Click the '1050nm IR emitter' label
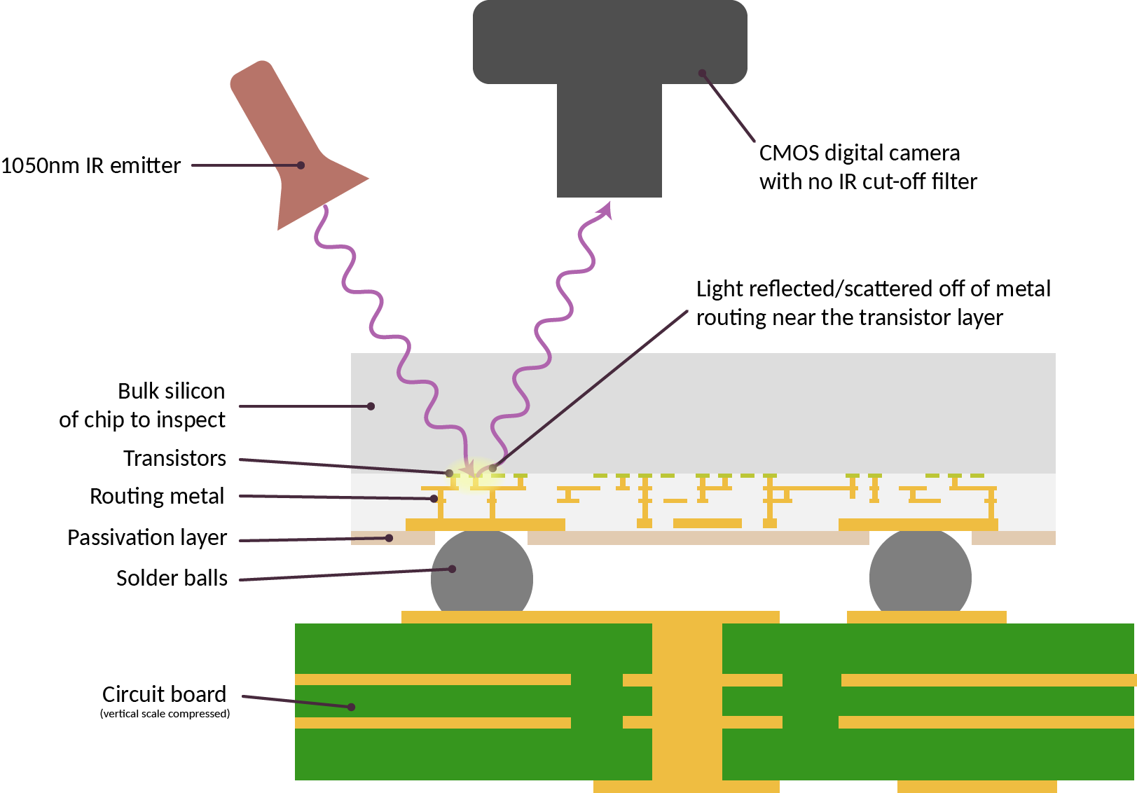point(90,166)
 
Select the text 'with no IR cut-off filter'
point(867,182)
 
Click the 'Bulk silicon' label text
point(171,391)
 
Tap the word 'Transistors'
point(174,458)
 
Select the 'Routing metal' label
point(157,496)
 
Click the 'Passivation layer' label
point(147,537)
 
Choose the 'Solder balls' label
point(172,578)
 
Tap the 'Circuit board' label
point(164,694)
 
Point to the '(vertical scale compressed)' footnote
point(165,714)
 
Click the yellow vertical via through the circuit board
point(687,701)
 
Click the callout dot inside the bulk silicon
point(371,406)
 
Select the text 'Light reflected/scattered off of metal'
point(873,289)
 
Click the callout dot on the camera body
point(701,73)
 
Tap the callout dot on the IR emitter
point(301,165)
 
